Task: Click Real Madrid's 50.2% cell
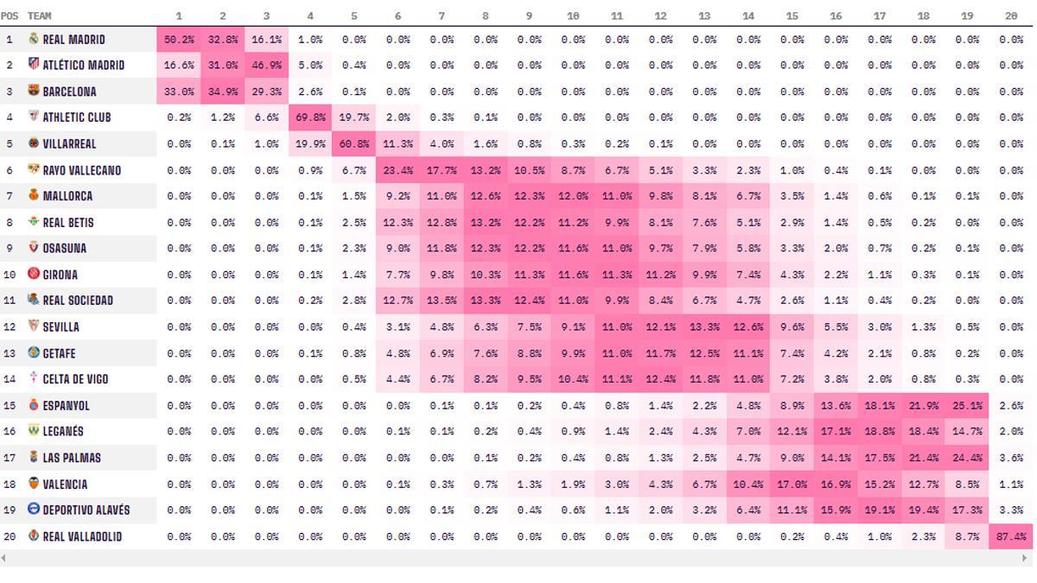click(x=179, y=40)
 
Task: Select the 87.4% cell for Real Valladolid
click(x=1011, y=536)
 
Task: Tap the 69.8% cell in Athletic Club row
click(x=310, y=117)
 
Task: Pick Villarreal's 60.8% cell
click(x=354, y=144)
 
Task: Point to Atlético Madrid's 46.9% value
click(x=266, y=66)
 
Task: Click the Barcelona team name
click(x=69, y=92)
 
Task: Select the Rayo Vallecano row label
click(x=81, y=170)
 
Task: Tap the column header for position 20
click(x=1011, y=16)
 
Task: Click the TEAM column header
click(x=39, y=16)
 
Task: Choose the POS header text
click(x=10, y=16)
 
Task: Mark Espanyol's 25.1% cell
click(x=967, y=405)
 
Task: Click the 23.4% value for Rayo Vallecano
click(x=398, y=170)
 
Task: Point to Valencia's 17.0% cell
click(x=792, y=484)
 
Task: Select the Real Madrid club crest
click(x=34, y=39)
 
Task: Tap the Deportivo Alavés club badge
click(x=34, y=510)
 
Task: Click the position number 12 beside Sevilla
click(x=10, y=326)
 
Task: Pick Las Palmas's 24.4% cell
click(x=967, y=458)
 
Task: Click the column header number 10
click(x=573, y=16)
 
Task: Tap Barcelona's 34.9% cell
click(x=222, y=92)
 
